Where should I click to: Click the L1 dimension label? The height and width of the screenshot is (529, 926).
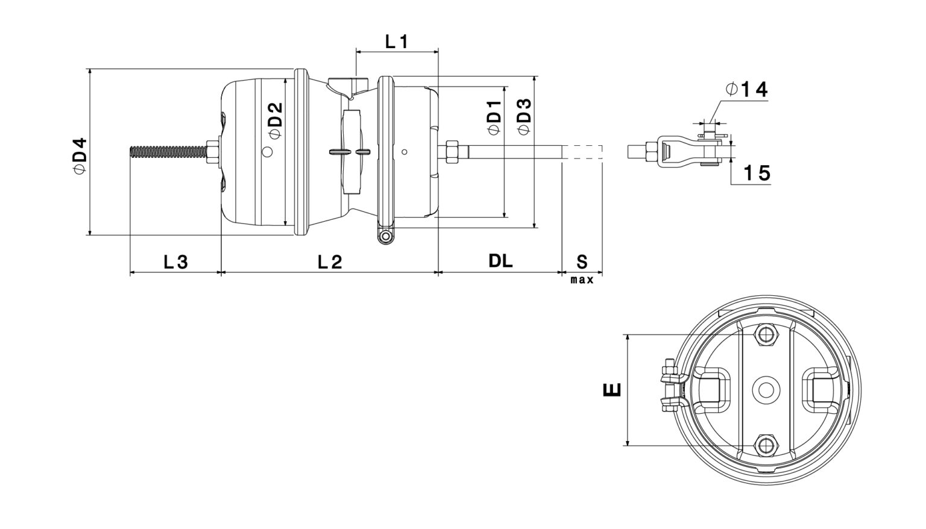[397, 42]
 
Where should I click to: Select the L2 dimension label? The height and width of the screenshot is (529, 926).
[330, 261]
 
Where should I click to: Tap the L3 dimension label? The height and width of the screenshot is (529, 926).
[175, 261]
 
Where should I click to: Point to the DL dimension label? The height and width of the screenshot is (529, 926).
[500, 261]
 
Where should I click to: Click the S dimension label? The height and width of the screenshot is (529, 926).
[582, 261]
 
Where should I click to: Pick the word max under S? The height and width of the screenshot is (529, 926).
[582, 280]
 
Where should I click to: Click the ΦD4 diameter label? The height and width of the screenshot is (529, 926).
[80, 155]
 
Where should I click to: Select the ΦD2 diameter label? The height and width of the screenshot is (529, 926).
[275, 120]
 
